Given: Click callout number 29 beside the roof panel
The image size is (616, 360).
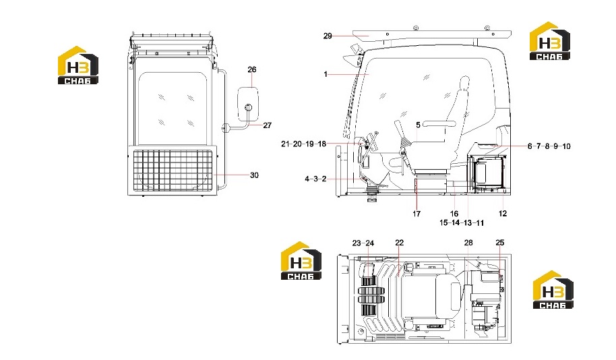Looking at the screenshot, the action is (328, 36).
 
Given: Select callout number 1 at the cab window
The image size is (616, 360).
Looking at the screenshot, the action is (326, 74).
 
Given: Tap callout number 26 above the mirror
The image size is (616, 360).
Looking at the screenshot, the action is (252, 69).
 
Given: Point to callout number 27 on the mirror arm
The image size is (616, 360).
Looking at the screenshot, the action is (267, 125).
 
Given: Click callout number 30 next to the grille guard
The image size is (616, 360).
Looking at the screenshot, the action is (254, 175).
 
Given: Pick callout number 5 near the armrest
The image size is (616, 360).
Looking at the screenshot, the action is (418, 125).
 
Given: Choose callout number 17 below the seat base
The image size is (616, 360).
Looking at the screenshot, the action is (417, 214).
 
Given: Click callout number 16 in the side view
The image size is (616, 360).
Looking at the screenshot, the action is (454, 214).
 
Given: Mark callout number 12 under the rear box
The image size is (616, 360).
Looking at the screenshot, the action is (503, 214).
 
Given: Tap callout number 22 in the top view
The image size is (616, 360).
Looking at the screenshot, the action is (399, 243).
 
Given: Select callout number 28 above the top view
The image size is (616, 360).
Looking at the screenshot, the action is (468, 243).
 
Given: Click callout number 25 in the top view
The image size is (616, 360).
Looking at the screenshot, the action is (499, 243).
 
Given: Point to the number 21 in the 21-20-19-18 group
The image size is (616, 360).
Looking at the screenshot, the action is (285, 144).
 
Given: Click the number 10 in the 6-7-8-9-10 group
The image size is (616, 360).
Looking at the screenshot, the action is (566, 146).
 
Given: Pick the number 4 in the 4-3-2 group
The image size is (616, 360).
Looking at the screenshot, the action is (307, 179).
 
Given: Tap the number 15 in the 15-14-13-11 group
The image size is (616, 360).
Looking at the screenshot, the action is (443, 223).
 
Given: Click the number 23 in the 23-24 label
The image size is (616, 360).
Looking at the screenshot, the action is (357, 243).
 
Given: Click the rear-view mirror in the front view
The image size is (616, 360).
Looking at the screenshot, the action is (248, 104).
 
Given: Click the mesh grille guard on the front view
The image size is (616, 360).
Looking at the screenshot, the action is (172, 171).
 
